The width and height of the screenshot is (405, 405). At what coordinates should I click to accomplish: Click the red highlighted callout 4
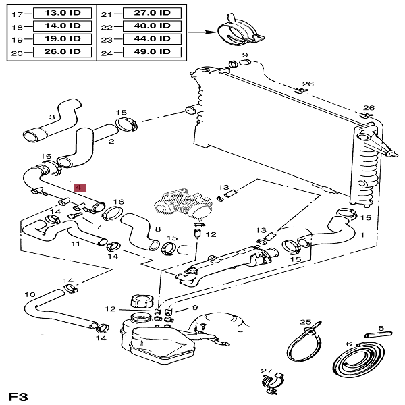tap(79, 186)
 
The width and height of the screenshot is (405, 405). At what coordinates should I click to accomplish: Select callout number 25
tap(305, 322)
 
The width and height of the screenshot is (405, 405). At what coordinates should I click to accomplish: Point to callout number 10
tap(28, 294)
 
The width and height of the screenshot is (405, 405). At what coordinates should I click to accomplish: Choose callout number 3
tap(51, 117)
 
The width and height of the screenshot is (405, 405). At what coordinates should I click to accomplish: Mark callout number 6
tap(349, 344)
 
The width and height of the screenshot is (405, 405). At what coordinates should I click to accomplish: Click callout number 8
tap(157, 230)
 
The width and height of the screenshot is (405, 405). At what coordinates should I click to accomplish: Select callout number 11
tap(75, 243)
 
